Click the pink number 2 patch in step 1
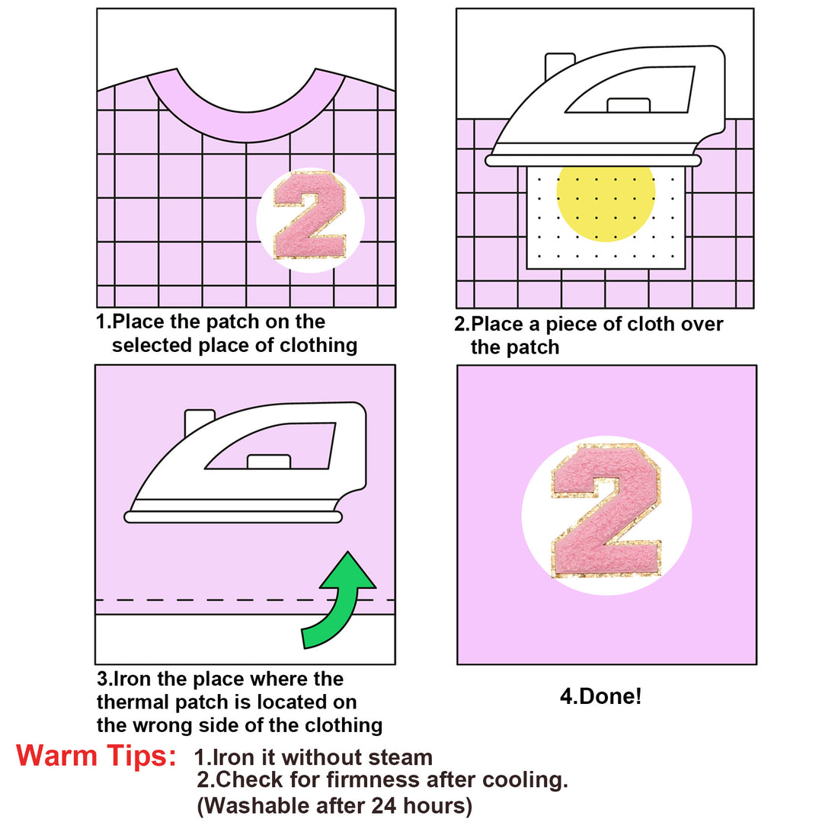click(x=310, y=216)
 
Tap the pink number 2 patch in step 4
click(x=606, y=511)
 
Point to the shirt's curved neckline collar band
click(x=246, y=126)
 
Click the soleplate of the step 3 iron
click(x=233, y=517)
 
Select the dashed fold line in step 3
click(x=245, y=600)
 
